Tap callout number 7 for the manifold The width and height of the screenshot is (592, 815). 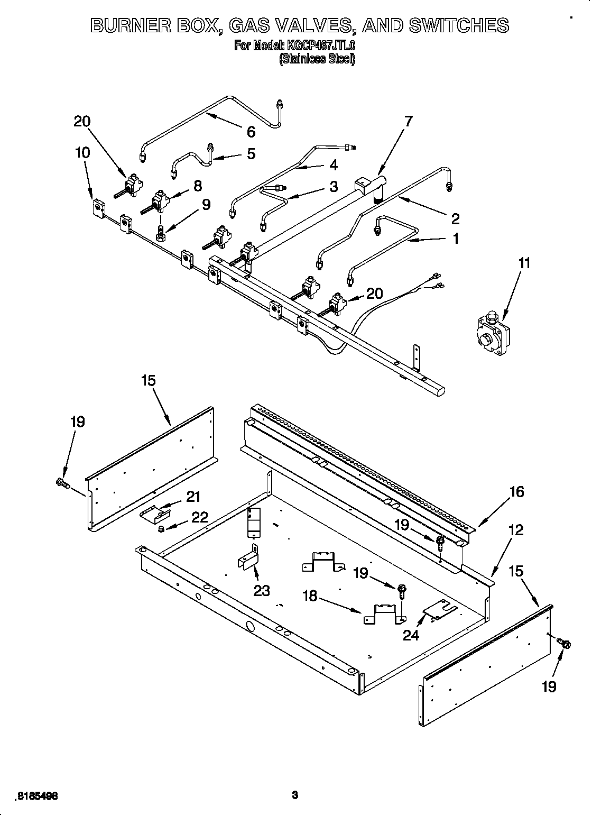[x=408, y=121]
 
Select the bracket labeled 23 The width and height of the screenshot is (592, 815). [x=248, y=558]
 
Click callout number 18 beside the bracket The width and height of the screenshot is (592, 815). [x=310, y=596]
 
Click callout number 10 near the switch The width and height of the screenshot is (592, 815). [x=82, y=152]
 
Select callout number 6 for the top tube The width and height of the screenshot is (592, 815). [x=251, y=131]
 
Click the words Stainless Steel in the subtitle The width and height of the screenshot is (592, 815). [x=317, y=59]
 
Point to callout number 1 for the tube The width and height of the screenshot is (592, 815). [x=454, y=239]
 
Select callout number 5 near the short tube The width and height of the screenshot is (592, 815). [x=251, y=153]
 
